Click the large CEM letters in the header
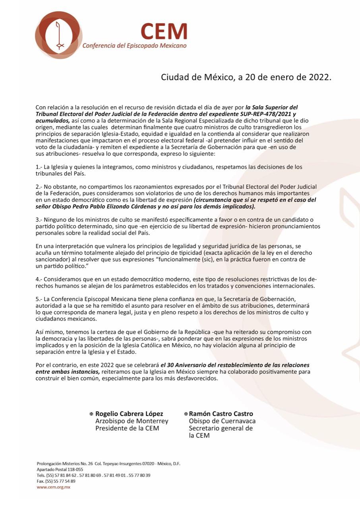coord(164,31)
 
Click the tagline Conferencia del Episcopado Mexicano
coord(134,46)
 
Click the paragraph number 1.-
coord(39,167)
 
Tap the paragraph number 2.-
coord(39,186)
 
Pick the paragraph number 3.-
coord(39,220)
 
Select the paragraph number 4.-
coord(39,280)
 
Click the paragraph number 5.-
coord(39,299)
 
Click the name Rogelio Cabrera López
coord(129,414)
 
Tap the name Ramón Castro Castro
coord(221,414)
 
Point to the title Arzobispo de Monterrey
coord(132,421)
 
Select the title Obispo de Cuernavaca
coord(222,421)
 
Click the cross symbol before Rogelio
coord(91,414)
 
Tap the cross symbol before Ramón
coord(186,414)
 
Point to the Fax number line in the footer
coord(56,481)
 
